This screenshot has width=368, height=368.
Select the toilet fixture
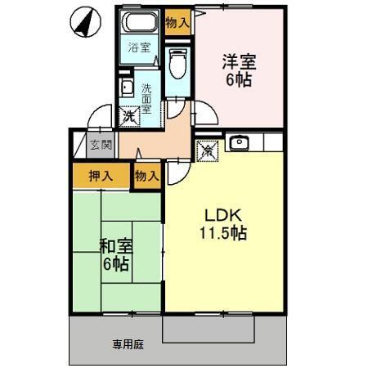coord(177,63)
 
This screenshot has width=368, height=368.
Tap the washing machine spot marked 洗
coord(130,116)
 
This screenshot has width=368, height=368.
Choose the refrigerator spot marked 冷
coord(208,150)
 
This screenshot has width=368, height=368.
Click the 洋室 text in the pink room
coord(239,61)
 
